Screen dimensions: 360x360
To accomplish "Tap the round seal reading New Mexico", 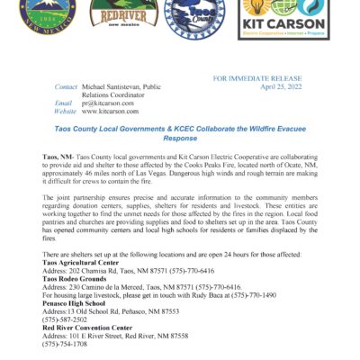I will tap(38, 20).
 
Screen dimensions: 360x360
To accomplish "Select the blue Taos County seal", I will tap(194, 19).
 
